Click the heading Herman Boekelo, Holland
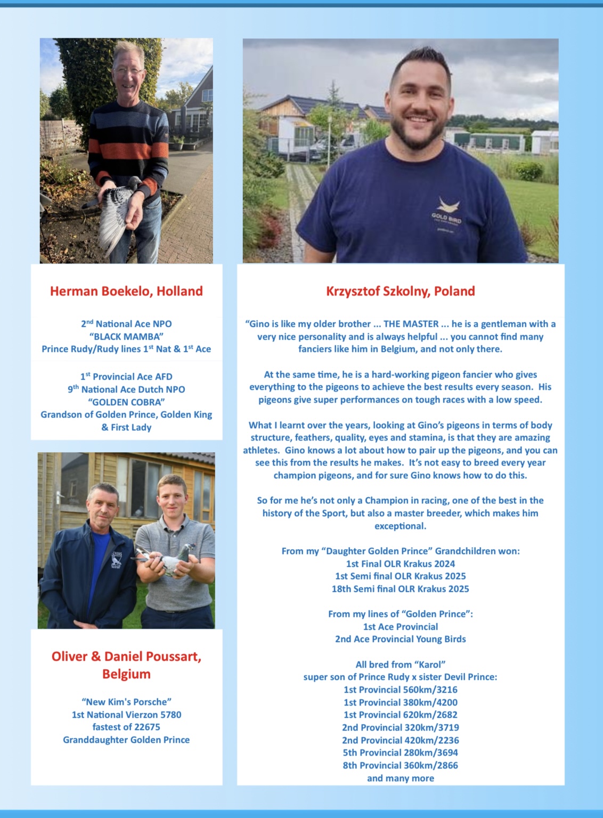(126, 291)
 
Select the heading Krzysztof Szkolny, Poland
(400, 291)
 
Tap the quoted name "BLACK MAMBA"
(126, 336)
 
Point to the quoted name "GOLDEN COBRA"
(126, 402)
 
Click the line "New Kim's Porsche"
(126, 702)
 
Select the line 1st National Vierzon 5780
(126, 715)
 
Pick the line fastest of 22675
(126, 727)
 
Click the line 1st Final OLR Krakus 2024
(400, 564)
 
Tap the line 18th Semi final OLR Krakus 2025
(400, 589)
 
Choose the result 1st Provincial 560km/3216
(400, 689)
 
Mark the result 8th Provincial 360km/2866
(400, 765)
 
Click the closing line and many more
(400, 778)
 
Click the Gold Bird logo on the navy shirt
(447, 211)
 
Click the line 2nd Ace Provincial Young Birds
(400, 639)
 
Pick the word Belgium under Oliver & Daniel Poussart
(126, 674)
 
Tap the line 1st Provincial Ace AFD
(126, 376)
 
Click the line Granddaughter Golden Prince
(126, 740)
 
